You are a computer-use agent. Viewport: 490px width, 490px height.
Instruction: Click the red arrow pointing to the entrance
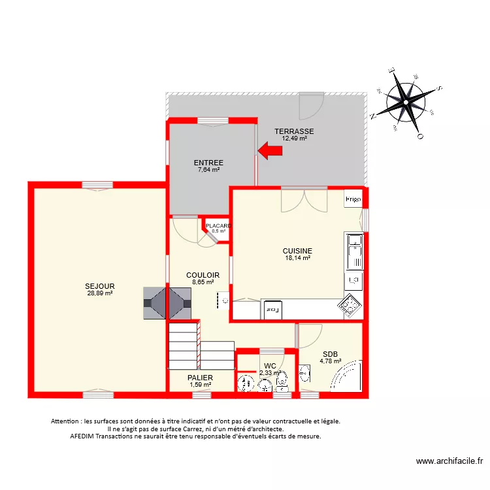[x=270, y=151]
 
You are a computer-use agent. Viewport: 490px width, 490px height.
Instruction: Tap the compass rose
[x=406, y=103]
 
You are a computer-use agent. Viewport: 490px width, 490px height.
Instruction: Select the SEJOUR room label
[x=100, y=286]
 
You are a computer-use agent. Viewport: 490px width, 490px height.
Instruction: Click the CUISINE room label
[x=297, y=250]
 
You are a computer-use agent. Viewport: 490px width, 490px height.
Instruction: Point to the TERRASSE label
[x=294, y=131]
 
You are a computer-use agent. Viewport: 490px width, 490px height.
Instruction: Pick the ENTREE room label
[x=208, y=163]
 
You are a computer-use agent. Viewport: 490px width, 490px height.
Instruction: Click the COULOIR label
[x=203, y=275]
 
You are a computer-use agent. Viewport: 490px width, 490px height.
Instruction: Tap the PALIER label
[x=200, y=378]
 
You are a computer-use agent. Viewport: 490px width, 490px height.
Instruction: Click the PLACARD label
[x=218, y=226]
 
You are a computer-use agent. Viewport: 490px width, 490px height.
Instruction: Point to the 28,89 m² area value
[x=100, y=293]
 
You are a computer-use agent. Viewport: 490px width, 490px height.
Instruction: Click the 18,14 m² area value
[x=297, y=258]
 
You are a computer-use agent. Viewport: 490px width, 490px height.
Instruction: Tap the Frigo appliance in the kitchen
[x=353, y=198]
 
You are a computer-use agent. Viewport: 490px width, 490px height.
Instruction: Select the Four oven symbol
[x=272, y=310]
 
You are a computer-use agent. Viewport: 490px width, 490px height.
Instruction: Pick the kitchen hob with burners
[x=350, y=304]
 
